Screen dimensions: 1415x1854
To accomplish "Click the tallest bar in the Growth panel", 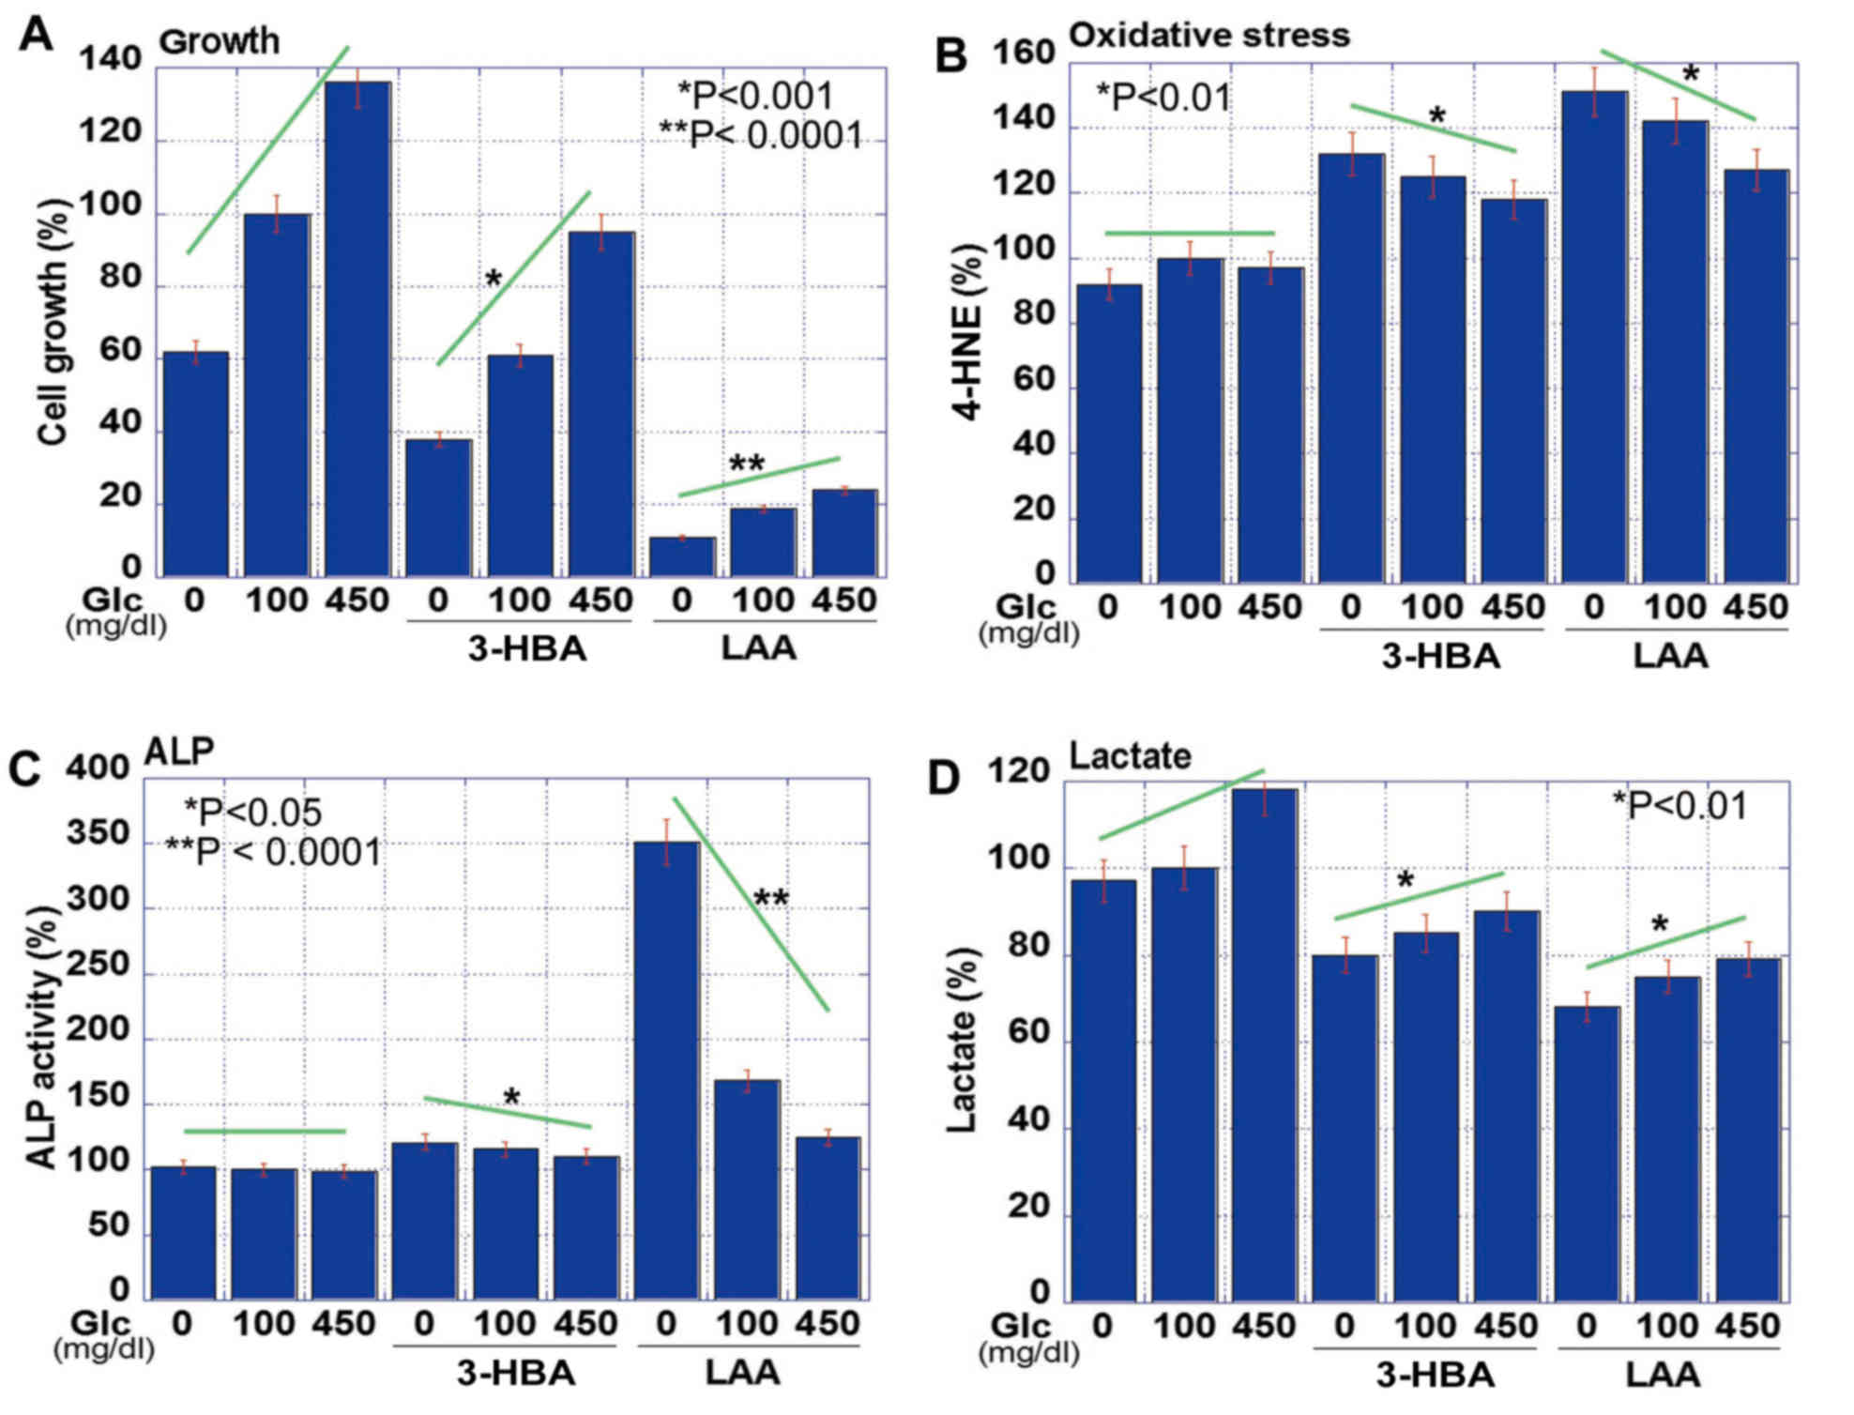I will [x=357, y=328].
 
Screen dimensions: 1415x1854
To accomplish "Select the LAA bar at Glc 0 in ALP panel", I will [x=666, y=1070].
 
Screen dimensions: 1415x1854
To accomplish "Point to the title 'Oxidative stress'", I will [x=1208, y=36].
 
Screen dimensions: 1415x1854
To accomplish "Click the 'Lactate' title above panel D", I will [x=1130, y=755].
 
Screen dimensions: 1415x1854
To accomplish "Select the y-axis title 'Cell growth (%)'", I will [x=54, y=324].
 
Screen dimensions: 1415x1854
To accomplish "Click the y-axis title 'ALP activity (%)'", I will [x=42, y=1037].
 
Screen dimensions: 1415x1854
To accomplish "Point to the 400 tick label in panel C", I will [x=97, y=768].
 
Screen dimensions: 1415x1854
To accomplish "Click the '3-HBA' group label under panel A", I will [x=526, y=648].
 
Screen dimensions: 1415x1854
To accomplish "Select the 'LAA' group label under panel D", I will [x=1662, y=1375].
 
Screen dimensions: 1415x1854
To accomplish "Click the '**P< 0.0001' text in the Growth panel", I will [x=760, y=135].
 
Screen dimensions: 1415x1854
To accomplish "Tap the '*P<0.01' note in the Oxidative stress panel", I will [x=1163, y=97].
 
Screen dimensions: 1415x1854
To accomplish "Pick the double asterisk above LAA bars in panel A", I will [x=747, y=464].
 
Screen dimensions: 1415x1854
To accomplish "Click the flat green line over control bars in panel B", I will [x=1190, y=233].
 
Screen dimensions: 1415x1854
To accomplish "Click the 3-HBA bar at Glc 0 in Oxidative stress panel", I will [x=1351, y=366].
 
